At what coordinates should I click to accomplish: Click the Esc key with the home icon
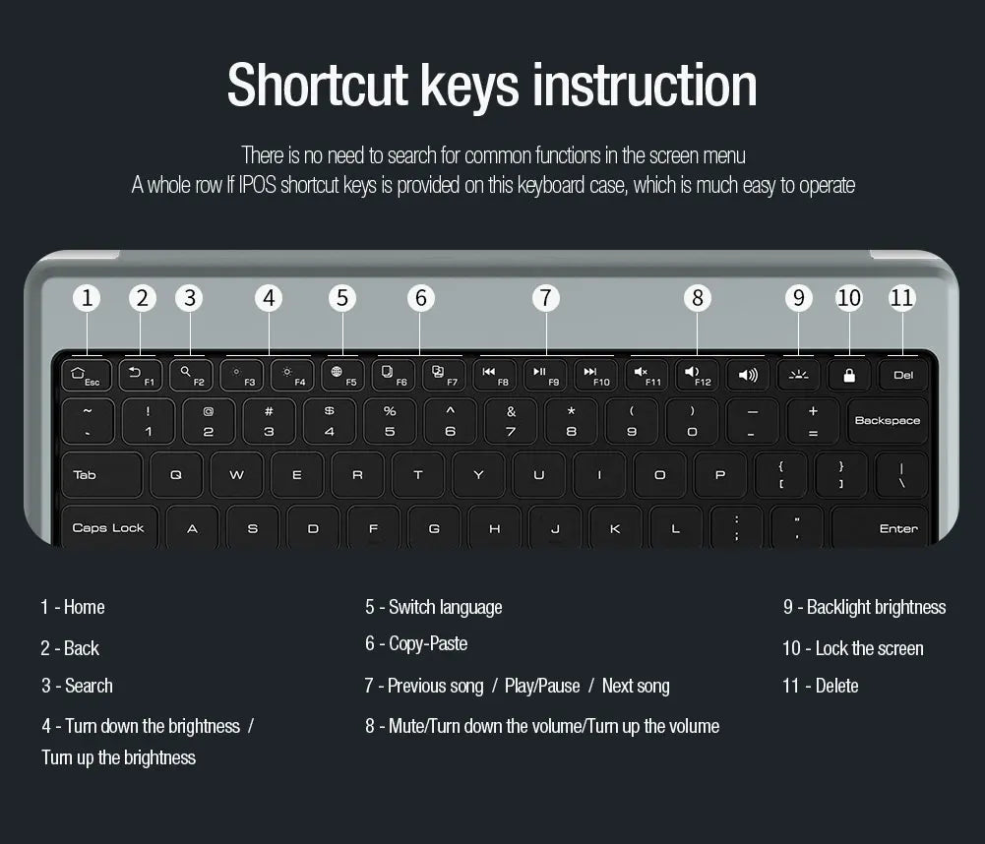click(x=86, y=375)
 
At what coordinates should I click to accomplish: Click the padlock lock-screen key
click(x=849, y=375)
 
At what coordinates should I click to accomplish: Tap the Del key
click(x=903, y=375)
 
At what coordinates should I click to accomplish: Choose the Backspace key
click(x=887, y=420)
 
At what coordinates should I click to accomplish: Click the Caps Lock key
click(x=108, y=527)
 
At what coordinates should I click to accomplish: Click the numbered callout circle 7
click(x=546, y=298)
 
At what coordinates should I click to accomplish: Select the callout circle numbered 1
click(x=88, y=298)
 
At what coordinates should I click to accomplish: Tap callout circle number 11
click(x=902, y=298)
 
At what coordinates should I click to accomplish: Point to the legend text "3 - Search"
click(x=77, y=686)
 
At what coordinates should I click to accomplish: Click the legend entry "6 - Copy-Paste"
click(x=416, y=644)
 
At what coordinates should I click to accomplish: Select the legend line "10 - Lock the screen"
click(x=853, y=648)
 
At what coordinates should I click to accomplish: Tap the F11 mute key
click(x=646, y=375)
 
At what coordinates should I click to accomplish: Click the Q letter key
click(x=176, y=474)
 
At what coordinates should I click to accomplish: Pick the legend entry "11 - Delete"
click(x=821, y=686)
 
